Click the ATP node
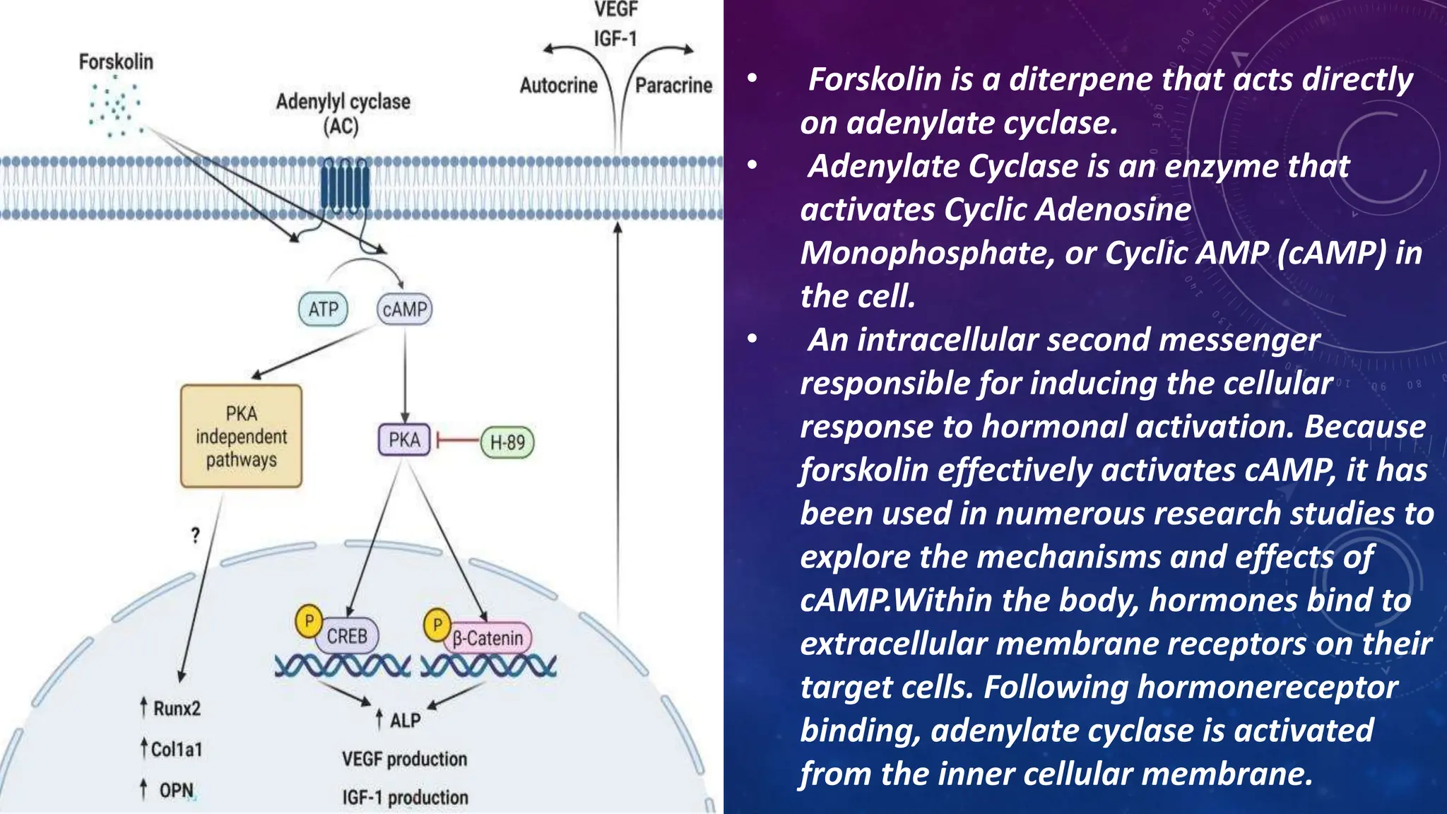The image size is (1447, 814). [323, 309]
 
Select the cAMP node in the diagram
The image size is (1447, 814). [404, 309]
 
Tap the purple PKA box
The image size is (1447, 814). [404, 440]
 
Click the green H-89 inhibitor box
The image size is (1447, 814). [507, 443]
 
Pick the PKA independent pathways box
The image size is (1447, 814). [241, 437]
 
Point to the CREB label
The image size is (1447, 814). [347, 636]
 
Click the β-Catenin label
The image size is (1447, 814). [488, 638]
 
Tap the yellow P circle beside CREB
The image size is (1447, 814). [309, 621]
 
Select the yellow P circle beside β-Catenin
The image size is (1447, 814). [437, 625]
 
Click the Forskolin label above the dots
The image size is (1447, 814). [116, 62]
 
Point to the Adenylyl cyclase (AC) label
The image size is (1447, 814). [343, 113]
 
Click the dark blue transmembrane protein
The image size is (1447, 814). [345, 185]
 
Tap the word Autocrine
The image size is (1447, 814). [558, 85]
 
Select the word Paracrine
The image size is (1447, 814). [673, 85]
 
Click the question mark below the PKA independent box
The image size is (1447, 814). [196, 536]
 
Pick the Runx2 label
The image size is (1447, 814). [177, 708]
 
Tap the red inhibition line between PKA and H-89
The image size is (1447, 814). [457, 441]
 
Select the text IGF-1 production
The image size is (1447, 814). [405, 797]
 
